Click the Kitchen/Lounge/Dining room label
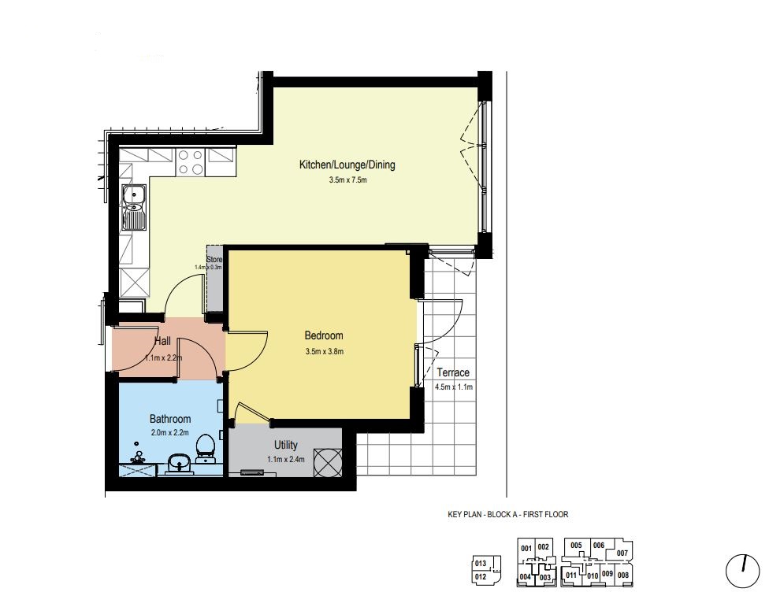tap(347, 165)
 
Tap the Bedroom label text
tap(324, 335)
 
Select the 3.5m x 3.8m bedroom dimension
tap(324, 351)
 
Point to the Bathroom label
tap(170, 419)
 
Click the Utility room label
tap(286, 445)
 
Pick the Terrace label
tap(453, 372)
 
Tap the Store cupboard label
tap(214, 259)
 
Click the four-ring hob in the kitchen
tap(191, 161)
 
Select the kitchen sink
tap(133, 207)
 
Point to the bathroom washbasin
tap(179, 462)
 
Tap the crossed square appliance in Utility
tap(327, 462)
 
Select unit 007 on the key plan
tap(622, 553)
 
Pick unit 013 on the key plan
tap(481, 564)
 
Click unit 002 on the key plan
tap(544, 547)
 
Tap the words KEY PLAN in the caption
tap(464, 514)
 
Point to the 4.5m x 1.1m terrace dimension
tap(454, 387)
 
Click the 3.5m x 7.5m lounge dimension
tap(347, 180)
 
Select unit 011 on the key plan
tap(571, 576)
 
